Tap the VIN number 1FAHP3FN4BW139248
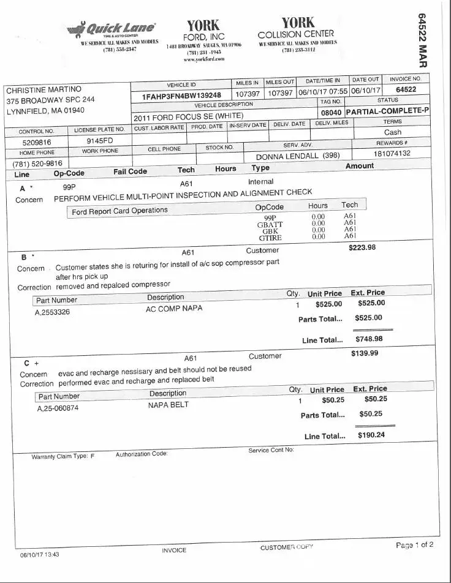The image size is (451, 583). pos(181,96)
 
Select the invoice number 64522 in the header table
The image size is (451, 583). pos(406,89)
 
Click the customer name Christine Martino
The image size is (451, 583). pos(44,89)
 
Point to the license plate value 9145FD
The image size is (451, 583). pos(99,140)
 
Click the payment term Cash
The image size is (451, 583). pos(393,132)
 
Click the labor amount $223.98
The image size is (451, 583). pos(362,247)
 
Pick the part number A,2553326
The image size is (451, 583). pos(53,312)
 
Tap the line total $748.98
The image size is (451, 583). pos(369,339)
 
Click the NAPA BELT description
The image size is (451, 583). pos(169,405)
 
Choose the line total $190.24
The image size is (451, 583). pos(371,435)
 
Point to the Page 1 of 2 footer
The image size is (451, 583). pos(414,545)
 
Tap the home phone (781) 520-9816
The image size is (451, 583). pos(37,164)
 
